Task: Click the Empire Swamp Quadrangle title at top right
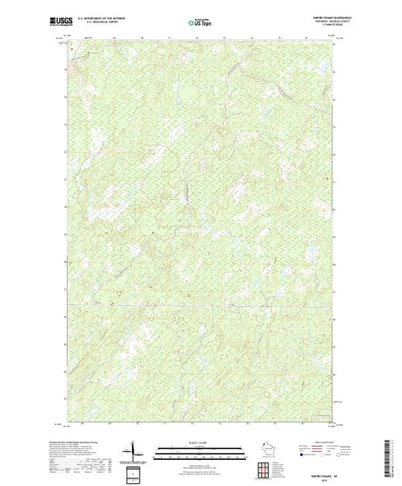310,17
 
